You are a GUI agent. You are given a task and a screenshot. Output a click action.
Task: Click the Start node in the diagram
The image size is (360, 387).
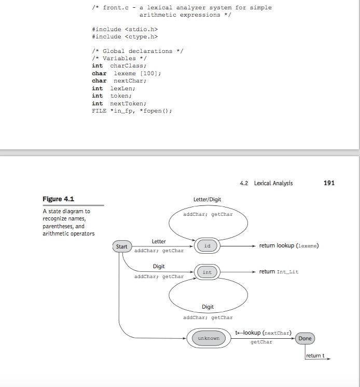tap(121, 246)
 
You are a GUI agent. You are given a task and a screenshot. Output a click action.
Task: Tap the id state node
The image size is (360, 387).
tap(207, 246)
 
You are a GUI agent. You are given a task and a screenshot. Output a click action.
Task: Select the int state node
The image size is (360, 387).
tap(207, 272)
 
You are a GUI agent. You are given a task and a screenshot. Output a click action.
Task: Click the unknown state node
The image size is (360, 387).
tap(209, 338)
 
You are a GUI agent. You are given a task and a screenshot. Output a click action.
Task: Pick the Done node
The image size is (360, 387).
tap(305, 338)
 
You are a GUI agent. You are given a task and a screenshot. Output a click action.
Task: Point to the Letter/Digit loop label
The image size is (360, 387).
tap(207, 200)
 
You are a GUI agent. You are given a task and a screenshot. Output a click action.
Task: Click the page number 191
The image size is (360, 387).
tap(329, 183)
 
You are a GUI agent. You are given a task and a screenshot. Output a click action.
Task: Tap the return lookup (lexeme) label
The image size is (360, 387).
tap(288, 246)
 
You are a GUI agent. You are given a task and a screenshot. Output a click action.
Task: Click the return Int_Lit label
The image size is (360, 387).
tap(279, 272)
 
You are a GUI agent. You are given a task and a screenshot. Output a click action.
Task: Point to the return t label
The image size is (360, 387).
tap(315, 356)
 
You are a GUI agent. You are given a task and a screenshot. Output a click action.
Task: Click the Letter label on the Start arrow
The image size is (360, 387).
tap(159, 242)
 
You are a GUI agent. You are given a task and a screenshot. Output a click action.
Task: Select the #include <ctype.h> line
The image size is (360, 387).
tap(124, 36)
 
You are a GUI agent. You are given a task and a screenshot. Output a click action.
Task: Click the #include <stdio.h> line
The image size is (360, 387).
tap(124, 29)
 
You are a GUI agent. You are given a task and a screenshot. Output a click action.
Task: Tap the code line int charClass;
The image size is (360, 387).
tap(119, 66)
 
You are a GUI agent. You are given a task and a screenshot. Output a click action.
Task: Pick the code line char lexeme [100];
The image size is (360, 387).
tap(127, 73)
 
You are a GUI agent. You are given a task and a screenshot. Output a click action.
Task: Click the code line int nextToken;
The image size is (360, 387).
tap(119, 103)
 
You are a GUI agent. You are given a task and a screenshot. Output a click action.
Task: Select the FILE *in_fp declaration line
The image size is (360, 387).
tap(131, 111)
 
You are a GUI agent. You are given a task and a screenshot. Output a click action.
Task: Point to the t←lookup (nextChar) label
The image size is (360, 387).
tap(262, 332)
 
